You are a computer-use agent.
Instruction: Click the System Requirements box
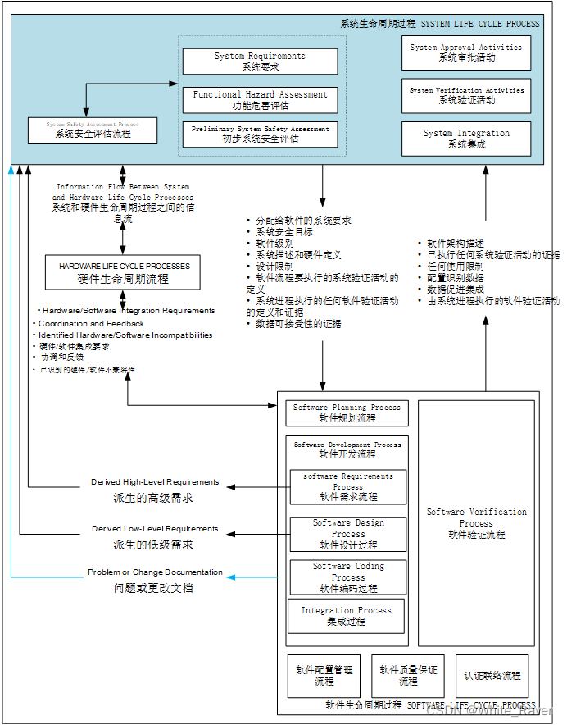point(260,62)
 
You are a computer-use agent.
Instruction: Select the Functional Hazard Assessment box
point(260,100)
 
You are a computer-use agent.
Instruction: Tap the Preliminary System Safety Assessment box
point(260,134)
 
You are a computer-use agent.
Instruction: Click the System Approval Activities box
point(465,52)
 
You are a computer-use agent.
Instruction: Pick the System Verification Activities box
point(465,95)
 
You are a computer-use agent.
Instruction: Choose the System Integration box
point(465,139)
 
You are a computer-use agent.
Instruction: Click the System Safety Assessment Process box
point(93,130)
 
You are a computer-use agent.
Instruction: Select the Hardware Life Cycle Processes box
point(123,272)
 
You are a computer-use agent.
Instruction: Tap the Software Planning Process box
point(347,413)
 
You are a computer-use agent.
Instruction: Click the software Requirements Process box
point(347,486)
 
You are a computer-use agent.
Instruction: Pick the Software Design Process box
point(347,534)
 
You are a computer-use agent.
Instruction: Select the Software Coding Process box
point(347,577)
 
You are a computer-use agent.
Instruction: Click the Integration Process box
point(346,616)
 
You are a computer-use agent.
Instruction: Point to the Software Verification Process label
point(476,522)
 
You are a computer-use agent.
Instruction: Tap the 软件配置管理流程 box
point(324,676)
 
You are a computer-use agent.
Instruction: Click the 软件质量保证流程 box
point(407,676)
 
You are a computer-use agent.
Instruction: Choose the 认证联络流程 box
point(492,676)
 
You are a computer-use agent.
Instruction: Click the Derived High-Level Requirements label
point(155,482)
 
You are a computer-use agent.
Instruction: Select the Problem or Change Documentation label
point(155,572)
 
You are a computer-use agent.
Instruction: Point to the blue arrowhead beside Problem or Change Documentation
point(230,577)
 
